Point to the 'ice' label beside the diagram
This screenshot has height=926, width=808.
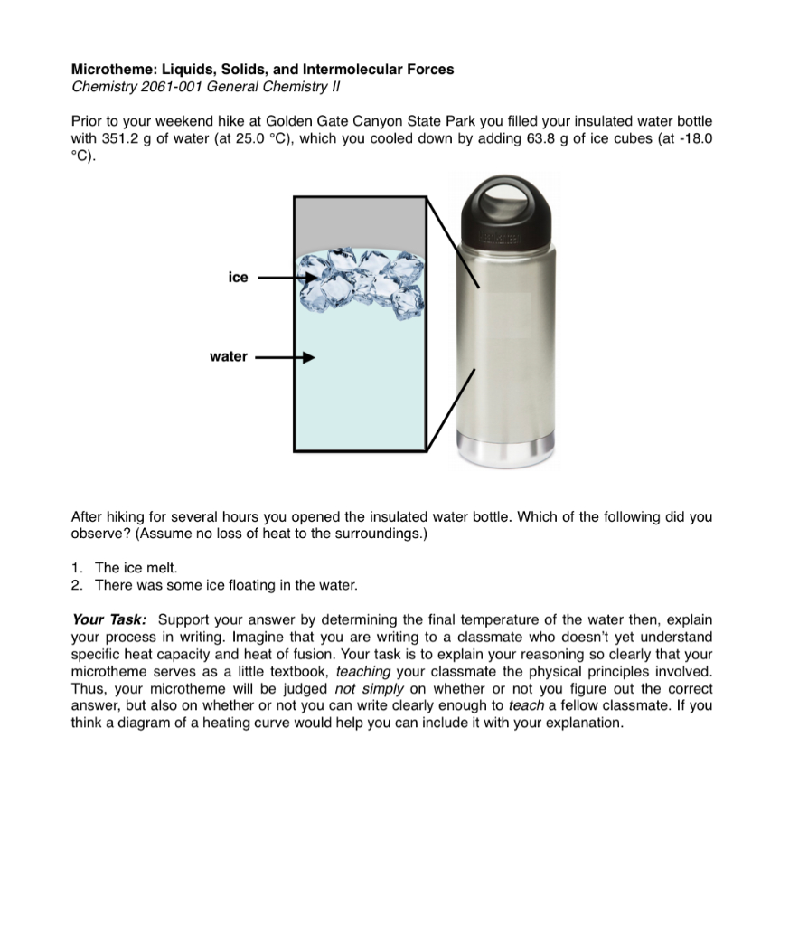tap(238, 278)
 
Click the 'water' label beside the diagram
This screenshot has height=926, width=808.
tap(228, 357)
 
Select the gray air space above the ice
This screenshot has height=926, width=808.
tap(360, 222)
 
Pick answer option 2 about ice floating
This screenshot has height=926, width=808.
tap(226, 585)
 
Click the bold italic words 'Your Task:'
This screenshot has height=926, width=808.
tap(108, 620)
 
